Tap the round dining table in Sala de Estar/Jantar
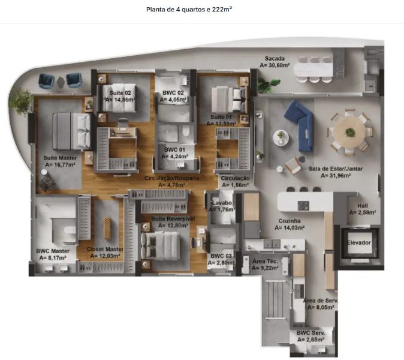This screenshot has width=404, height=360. click(x=349, y=133)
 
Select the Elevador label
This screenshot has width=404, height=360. click(x=358, y=242)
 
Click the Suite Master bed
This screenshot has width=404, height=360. click(x=71, y=131)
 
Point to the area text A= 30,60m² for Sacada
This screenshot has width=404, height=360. click(x=275, y=65)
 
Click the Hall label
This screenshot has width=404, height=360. click(x=363, y=206)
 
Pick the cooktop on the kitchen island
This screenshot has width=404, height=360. click(x=303, y=206)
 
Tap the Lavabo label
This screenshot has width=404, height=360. click(x=222, y=203)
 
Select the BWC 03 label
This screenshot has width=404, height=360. click(x=221, y=256)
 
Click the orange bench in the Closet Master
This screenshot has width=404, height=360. click(x=107, y=229)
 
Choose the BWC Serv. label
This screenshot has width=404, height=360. click(x=310, y=333)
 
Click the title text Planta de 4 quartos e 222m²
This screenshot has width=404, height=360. click(x=189, y=10)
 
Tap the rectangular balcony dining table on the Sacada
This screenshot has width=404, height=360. click(x=313, y=70)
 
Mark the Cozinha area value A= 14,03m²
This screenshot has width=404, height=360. click(x=290, y=228)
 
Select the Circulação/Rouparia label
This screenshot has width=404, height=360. click(x=171, y=178)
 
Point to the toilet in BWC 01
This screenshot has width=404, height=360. click(x=186, y=130)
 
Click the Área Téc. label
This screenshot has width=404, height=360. click(x=265, y=261)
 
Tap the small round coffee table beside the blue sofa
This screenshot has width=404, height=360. click(x=281, y=137)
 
